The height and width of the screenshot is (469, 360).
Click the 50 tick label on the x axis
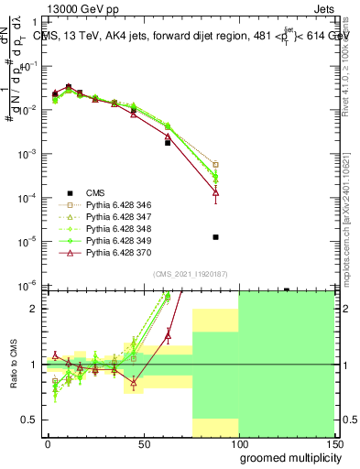tap(143, 443)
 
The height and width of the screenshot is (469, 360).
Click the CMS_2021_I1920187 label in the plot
tap(188, 275)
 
